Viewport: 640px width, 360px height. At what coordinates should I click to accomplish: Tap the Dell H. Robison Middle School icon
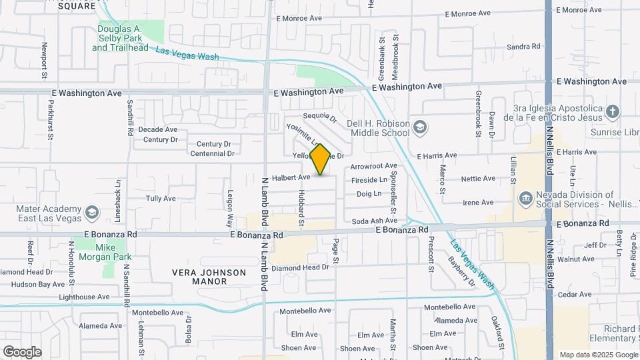[x=419, y=126]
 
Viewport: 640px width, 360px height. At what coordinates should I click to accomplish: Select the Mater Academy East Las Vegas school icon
[x=92, y=213]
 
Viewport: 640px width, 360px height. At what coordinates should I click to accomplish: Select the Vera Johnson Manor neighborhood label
[x=209, y=277]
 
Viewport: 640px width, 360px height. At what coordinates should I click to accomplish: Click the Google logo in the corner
[x=22, y=352]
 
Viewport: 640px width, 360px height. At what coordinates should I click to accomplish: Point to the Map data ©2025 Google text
[x=598, y=355]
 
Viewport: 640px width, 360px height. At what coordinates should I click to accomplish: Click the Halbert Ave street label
[x=292, y=177]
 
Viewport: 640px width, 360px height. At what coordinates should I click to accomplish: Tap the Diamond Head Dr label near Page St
[x=301, y=267]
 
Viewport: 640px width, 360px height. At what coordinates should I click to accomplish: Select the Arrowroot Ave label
[x=373, y=166]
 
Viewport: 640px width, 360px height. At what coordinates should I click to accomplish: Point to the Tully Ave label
[x=161, y=199]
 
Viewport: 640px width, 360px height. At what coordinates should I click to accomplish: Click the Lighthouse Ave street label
[x=84, y=297]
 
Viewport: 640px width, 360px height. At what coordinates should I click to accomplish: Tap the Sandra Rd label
[x=523, y=47]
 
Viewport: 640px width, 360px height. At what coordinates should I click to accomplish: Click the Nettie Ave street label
[x=479, y=179]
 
